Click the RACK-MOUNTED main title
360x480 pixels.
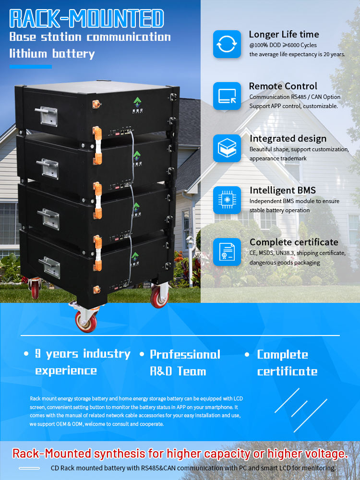(x=86, y=18)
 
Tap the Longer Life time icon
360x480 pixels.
(x=227, y=44)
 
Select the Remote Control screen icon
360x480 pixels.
(x=227, y=96)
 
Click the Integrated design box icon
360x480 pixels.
(x=227, y=148)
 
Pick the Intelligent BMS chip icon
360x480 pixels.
(x=227, y=200)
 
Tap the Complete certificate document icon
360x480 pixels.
(x=227, y=252)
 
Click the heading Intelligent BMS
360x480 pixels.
(x=283, y=191)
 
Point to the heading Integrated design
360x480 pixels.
(x=288, y=139)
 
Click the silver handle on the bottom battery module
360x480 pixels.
(x=49, y=267)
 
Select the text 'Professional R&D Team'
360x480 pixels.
(x=185, y=362)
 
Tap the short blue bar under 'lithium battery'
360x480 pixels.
(x=30, y=67)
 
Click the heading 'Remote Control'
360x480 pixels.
(x=283, y=86)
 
